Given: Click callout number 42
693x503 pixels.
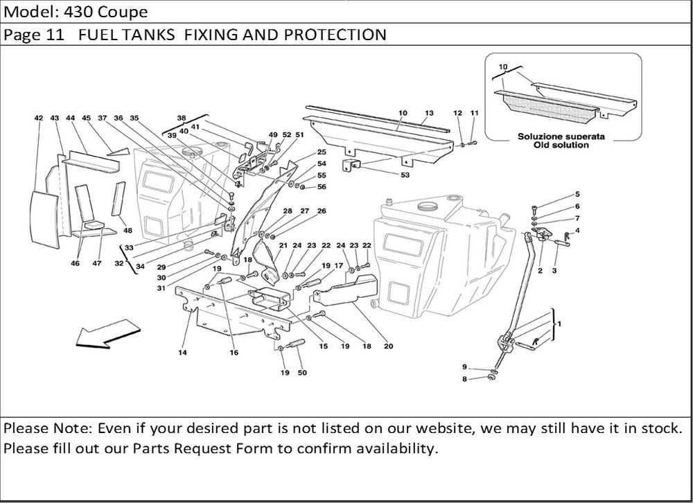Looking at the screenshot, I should click(39, 118).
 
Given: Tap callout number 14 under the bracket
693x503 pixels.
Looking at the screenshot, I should click(183, 353).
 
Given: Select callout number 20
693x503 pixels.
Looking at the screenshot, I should click(388, 346).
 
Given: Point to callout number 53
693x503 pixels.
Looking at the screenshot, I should click(405, 175).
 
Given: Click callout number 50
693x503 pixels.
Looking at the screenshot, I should click(302, 373).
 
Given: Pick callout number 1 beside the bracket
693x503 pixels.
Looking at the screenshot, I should click(559, 324).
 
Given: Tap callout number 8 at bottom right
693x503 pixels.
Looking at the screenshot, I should click(464, 379).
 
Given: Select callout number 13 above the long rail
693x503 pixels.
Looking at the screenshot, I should click(429, 112).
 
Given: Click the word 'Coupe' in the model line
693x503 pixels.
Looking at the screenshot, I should click(123, 12).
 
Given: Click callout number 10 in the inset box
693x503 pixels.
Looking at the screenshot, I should click(503, 67).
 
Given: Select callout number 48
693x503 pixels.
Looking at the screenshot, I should click(128, 231).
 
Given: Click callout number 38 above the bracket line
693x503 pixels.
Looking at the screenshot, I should click(182, 118).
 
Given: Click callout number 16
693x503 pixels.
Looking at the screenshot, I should click(234, 353).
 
